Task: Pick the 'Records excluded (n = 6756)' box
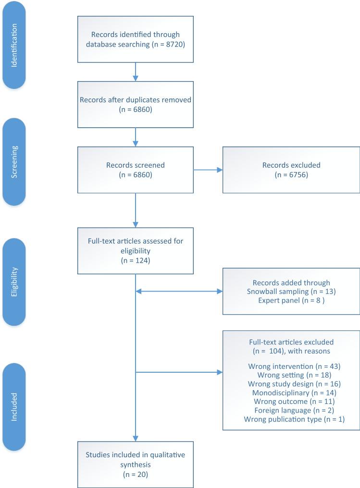pos(291,170)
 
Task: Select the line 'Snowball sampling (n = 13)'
pos(291,291)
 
